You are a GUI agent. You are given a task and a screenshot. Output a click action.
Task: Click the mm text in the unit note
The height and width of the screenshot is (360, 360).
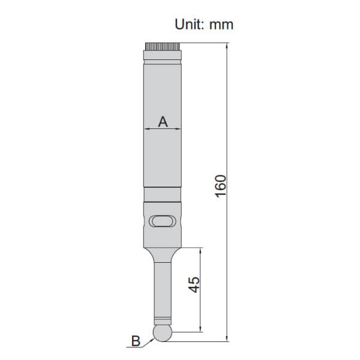(221, 25)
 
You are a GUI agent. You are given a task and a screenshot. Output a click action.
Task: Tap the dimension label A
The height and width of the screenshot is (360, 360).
(163, 122)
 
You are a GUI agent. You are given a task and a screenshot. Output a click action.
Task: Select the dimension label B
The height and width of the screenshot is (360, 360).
(136, 341)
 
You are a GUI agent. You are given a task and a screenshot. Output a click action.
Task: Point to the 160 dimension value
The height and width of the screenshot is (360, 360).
(221, 186)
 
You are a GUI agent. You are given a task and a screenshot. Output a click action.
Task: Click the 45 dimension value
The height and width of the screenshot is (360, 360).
(194, 284)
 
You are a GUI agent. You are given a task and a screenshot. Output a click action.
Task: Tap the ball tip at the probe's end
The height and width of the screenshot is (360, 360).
(163, 333)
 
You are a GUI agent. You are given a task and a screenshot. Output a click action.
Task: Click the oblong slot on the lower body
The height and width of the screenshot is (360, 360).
(163, 221)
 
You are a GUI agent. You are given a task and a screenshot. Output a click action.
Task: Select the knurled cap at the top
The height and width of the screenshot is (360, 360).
(163, 47)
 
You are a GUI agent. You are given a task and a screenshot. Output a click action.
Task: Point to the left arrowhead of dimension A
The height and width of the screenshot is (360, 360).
(147, 129)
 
